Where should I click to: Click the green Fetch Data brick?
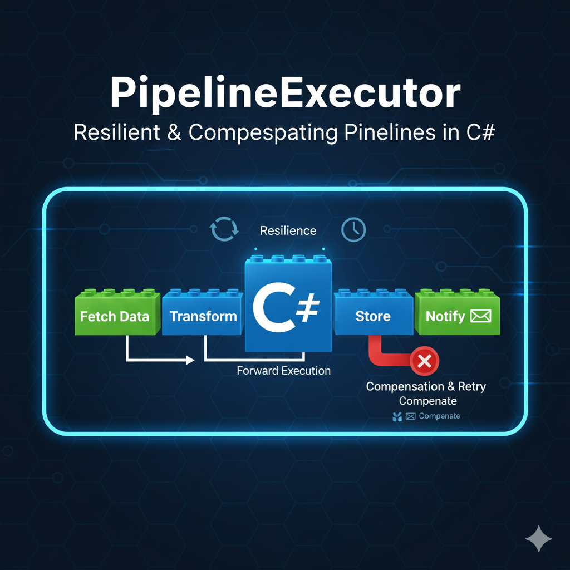[x=115, y=316]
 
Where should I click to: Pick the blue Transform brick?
[x=203, y=316]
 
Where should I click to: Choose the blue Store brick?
[x=373, y=316]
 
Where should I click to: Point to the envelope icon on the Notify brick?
[x=480, y=316]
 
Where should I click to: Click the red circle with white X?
[x=424, y=362]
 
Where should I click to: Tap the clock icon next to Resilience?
[x=353, y=229]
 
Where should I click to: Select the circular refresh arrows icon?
[x=224, y=229]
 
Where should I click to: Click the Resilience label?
[x=288, y=230]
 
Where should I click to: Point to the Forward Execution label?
[x=283, y=370]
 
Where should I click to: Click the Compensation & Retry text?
[x=426, y=386]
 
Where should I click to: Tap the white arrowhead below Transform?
[x=190, y=361]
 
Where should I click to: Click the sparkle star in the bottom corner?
[x=539, y=539]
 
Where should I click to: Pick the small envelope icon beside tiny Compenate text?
[x=411, y=416]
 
